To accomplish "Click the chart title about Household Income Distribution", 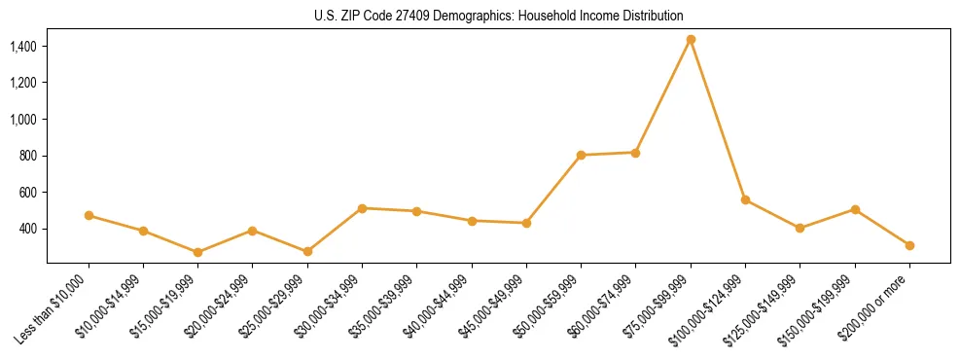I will (499, 17).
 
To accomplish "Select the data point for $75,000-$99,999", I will (691, 40).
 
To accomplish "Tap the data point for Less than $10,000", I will (89, 215).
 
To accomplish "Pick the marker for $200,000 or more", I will (909, 245).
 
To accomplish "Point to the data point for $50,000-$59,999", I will (581, 155).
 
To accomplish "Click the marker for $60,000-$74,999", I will (635, 152).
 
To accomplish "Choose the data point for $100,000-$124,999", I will (745, 199).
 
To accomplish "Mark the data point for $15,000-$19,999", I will (197, 252).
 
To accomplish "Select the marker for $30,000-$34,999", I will (362, 208).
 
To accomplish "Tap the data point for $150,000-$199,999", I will (855, 209).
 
